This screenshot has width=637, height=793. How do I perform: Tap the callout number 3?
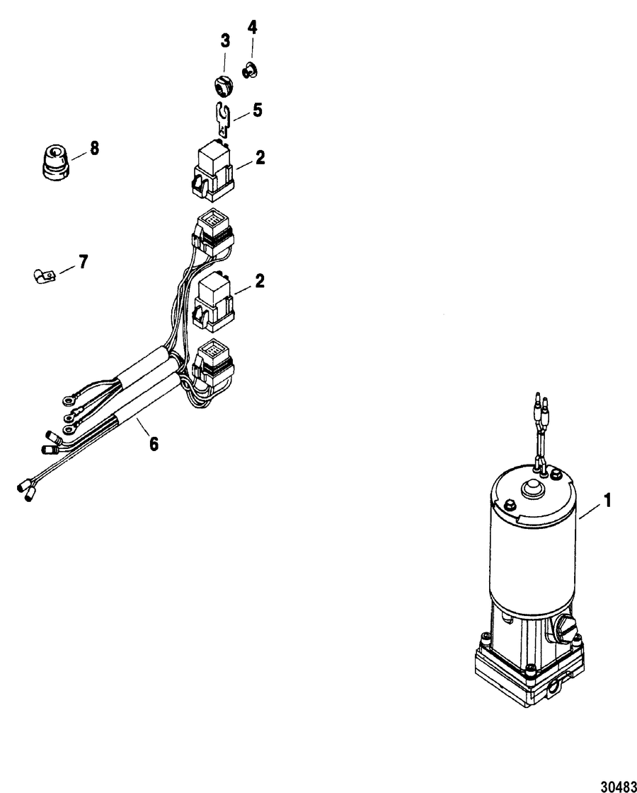pyautogui.click(x=225, y=41)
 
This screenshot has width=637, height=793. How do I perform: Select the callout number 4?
pyautogui.click(x=252, y=28)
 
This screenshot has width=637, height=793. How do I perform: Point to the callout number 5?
pyautogui.click(x=258, y=110)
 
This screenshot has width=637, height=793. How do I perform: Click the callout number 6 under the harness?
pyautogui.click(x=153, y=443)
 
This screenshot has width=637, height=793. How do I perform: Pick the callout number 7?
pyautogui.click(x=83, y=261)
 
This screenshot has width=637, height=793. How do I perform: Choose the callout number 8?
pyautogui.click(x=95, y=148)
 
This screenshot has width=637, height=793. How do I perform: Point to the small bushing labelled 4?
pyautogui.click(x=248, y=70)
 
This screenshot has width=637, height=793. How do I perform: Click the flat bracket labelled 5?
pyautogui.click(x=222, y=119)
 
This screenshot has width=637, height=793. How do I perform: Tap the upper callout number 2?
pyautogui.click(x=260, y=158)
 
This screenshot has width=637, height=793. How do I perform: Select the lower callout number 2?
pyautogui.click(x=260, y=280)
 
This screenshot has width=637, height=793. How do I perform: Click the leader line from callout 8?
pyautogui.click(x=79, y=155)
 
